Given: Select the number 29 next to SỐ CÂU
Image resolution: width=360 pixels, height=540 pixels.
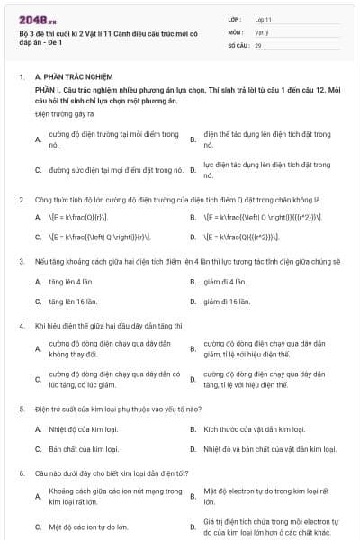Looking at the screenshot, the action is (x=258, y=43).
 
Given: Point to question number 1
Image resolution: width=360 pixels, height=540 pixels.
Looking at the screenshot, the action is (x=21, y=78).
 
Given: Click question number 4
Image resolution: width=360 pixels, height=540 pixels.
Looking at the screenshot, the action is (x=21, y=326).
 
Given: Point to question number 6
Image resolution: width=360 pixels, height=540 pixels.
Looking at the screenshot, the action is (x=21, y=472).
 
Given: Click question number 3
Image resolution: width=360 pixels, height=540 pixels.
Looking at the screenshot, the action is (x=21, y=261).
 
